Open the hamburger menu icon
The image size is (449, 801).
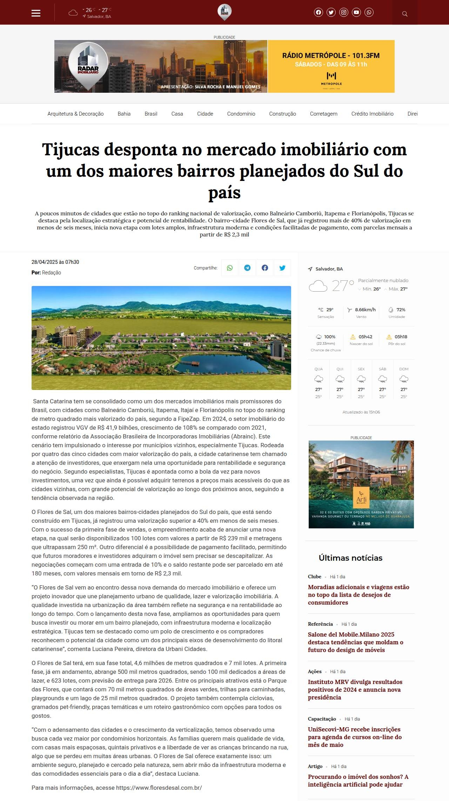[x=36, y=13]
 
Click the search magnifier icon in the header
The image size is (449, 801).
[x=405, y=14]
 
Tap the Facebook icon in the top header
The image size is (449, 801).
[x=318, y=12]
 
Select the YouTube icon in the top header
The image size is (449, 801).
[x=356, y=12]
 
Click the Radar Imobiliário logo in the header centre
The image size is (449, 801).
[x=224, y=12]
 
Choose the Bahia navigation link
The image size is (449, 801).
[x=124, y=114]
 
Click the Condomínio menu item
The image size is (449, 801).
[x=241, y=114]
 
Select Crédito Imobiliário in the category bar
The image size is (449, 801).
[x=372, y=114]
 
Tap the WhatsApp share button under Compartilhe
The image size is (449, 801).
[x=230, y=268]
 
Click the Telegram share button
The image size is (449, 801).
[x=247, y=268]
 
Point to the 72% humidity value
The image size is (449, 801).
[x=401, y=310]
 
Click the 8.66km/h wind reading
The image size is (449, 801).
[x=365, y=310]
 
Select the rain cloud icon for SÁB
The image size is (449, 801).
[x=382, y=379]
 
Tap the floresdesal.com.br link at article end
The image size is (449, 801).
[x=159, y=788]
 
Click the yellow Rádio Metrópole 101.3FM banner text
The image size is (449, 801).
[x=331, y=56]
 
